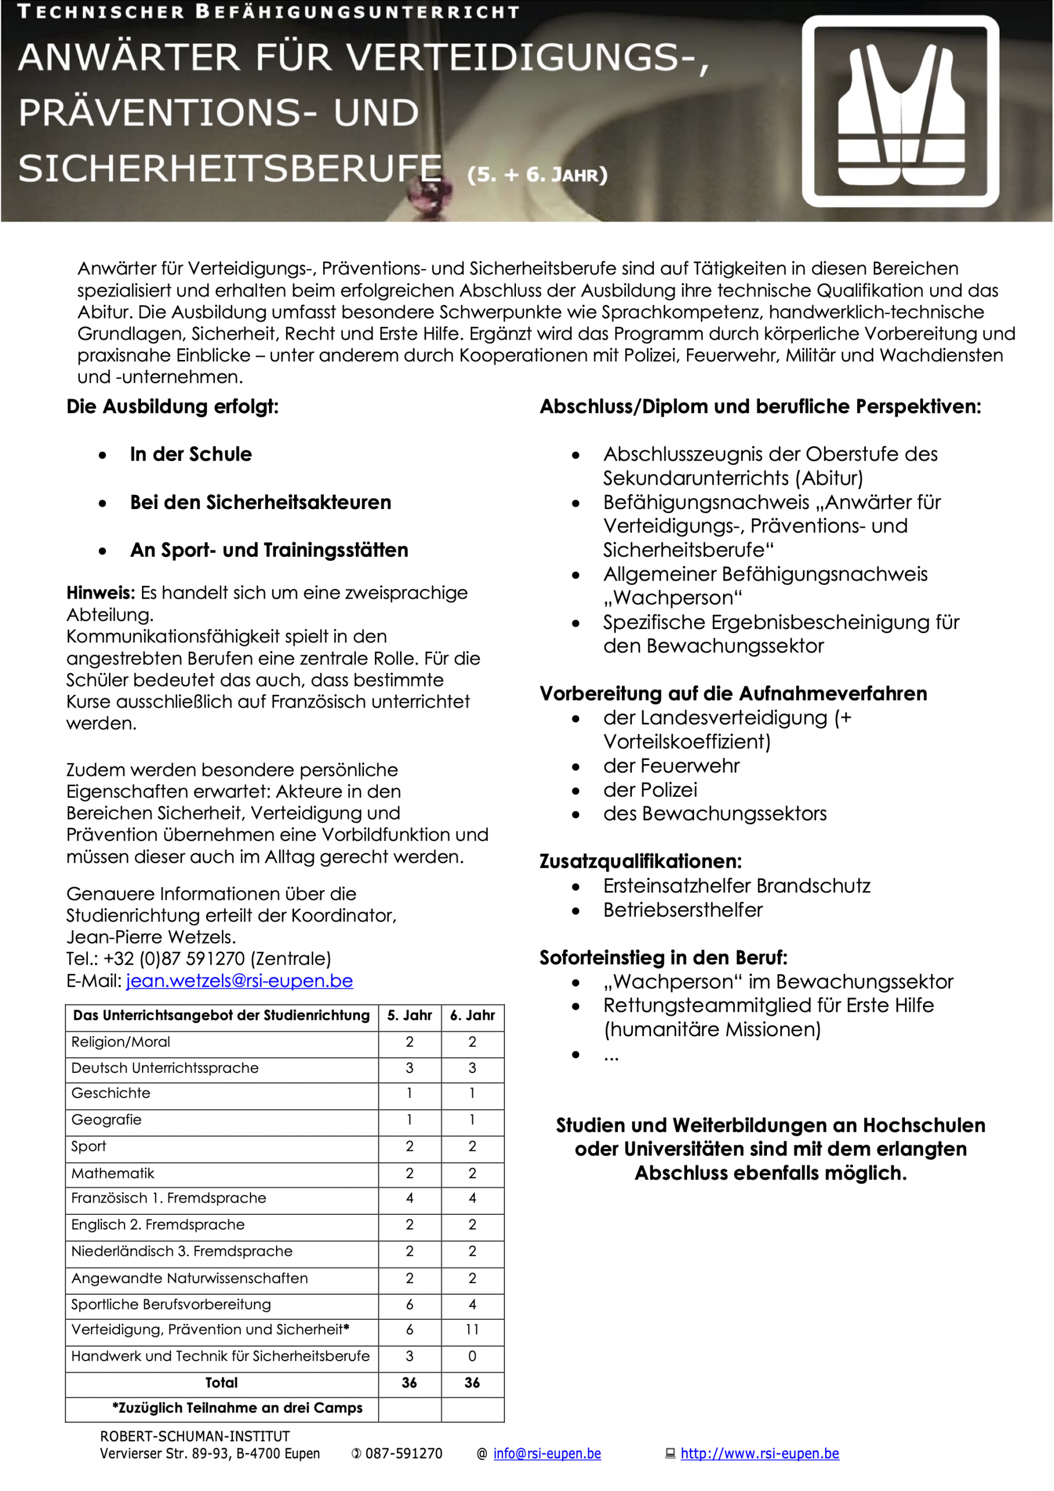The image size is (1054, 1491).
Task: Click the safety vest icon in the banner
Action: [x=900, y=112]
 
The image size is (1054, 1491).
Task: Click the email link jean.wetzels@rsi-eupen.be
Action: [x=239, y=981]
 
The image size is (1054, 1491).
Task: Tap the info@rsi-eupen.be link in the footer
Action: [x=547, y=1453]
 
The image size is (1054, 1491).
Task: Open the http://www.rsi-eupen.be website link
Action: [x=759, y=1453]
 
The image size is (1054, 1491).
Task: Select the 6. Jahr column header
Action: [x=472, y=1016]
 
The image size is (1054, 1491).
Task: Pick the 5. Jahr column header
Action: [x=409, y=1016]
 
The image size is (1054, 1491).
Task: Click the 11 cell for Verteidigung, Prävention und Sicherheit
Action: [x=472, y=1329]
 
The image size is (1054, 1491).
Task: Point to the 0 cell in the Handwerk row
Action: [x=472, y=1356]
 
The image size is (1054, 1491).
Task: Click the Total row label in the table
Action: [x=221, y=1383]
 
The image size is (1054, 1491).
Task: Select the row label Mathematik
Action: [x=113, y=1174]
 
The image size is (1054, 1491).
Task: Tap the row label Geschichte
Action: [x=111, y=1094]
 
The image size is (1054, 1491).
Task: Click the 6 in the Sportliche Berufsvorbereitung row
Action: [x=409, y=1304]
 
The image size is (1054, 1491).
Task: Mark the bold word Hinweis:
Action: [x=100, y=593]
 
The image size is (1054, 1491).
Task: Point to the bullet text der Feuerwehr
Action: [x=671, y=766]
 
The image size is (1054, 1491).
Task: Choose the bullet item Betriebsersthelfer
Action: [x=682, y=910]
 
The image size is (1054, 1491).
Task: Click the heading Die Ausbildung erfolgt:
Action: [x=172, y=407]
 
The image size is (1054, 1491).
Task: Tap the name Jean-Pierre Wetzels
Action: [x=151, y=937]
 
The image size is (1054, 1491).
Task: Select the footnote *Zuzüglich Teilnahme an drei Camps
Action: [x=237, y=1408]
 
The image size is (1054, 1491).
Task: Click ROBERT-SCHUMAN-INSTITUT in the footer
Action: [x=195, y=1436]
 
